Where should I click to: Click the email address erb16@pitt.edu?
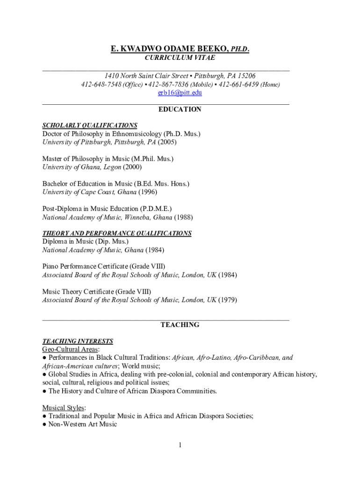(180, 93)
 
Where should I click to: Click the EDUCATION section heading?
(180, 109)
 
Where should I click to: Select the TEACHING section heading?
(180, 325)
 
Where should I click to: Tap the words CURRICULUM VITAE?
(180, 58)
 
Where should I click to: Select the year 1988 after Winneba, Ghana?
(183, 218)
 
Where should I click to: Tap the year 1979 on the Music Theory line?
(228, 300)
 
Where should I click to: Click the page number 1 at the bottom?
(180, 445)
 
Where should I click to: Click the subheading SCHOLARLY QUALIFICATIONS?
(90, 125)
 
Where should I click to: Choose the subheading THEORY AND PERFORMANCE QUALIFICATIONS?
(117, 233)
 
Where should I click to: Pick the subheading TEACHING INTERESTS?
(78, 341)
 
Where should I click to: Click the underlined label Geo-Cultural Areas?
(70, 349)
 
